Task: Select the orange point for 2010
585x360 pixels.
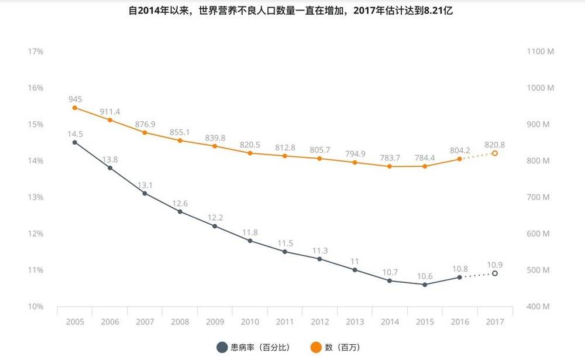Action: [x=250, y=153]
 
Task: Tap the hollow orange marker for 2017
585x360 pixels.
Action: [x=495, y=153]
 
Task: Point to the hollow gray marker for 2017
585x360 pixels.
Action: [x=495, y=273]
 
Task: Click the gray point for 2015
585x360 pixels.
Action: [x=425, y=284]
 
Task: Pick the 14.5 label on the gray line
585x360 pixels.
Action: [x=75, y=133]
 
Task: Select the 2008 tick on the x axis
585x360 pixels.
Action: [x=180, y=322]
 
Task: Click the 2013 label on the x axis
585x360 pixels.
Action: [x=355, y=322]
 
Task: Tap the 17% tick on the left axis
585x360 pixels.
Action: [x=36, y=52]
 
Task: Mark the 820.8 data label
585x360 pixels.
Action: [x=495, y=143]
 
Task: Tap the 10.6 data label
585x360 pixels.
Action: [x=425, y=275]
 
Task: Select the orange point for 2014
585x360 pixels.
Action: [x=390, y=166]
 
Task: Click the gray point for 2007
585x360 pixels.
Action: [x=144, y=193]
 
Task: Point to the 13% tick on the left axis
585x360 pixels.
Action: [x=36, y=197]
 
